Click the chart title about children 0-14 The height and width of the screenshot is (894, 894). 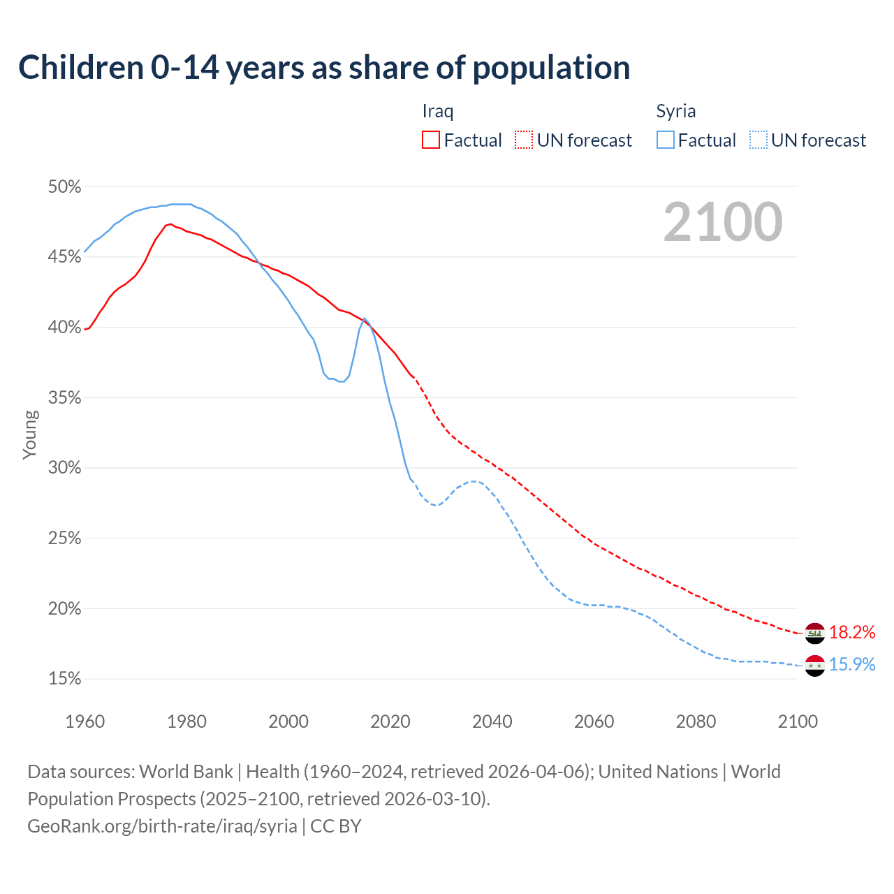coord(324,68)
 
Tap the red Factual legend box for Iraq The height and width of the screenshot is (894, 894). coord(431,140)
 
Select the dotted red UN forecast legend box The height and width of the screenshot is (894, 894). coord(524,140)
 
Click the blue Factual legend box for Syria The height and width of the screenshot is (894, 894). coord(666,140)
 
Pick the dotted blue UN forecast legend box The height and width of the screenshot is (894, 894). coord(758,140)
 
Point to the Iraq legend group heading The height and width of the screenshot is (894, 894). coord(438,111)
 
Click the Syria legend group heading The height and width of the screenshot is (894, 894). coord(675,111)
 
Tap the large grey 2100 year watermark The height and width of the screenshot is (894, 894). coord(723,222)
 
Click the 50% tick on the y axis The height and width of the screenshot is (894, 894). coord(64,187)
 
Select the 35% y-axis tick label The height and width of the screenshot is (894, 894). coord(64,398)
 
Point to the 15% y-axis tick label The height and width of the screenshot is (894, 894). coord(64,679)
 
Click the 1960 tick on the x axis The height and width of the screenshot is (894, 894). coord(85,721)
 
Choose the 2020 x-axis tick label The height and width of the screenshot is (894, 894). coord(390,721)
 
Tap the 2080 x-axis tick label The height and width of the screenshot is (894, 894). coord(696,721)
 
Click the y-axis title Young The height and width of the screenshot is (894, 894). coord(30,434)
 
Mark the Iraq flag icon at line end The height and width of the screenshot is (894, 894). coord(815,633)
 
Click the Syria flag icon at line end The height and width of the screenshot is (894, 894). coord(815,666)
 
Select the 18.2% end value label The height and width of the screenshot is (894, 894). coord(852,633)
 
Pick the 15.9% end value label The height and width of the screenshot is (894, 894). coord(852,664)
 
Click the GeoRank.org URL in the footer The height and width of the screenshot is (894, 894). coord(162,826)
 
